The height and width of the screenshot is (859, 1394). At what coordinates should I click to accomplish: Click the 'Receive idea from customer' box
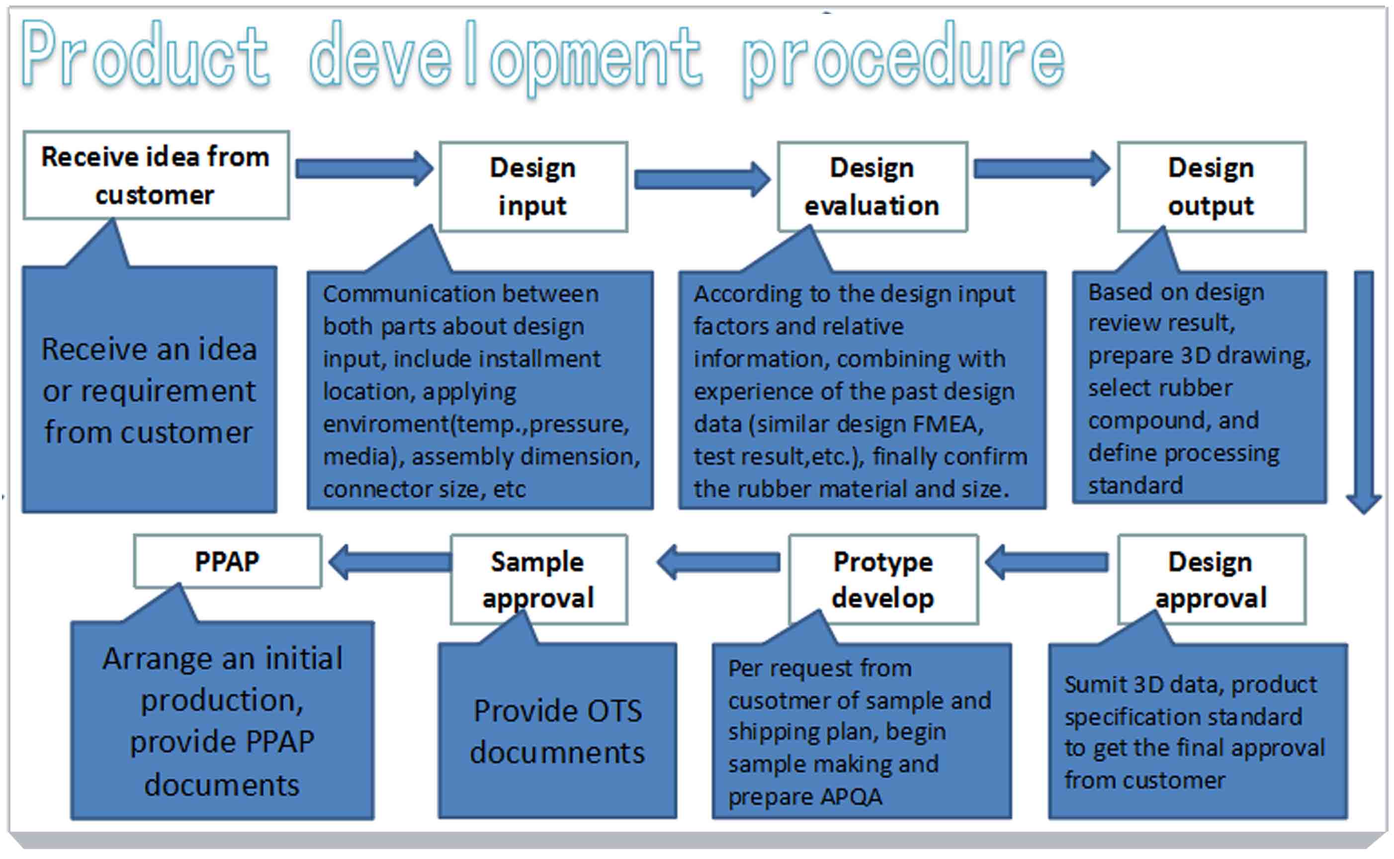(156, 175)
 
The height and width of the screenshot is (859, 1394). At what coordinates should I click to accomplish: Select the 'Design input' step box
(533, 186)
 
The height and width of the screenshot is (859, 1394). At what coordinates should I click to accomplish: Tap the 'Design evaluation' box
(872, 186)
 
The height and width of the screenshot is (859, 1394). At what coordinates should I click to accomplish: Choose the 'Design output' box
(1212, 186)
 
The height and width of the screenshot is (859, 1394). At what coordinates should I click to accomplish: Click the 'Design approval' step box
(1212, 579)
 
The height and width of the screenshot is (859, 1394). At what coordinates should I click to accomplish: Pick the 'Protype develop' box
(883, 579)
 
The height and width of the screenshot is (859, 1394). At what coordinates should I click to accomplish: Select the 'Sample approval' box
(539, 579)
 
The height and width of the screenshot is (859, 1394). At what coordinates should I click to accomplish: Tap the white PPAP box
(228, 561)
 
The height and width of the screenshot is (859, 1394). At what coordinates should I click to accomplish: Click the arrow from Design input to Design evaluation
(702, 179)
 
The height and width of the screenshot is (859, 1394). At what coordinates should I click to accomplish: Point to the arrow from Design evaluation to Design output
(1042, 168)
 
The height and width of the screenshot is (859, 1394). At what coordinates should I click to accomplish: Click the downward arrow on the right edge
(1364, 392)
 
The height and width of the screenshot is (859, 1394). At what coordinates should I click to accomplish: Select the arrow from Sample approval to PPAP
(390, 562)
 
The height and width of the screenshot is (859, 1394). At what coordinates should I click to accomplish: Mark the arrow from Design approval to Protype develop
(1046, 562)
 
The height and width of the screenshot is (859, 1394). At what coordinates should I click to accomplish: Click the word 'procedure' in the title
(903, 57)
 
